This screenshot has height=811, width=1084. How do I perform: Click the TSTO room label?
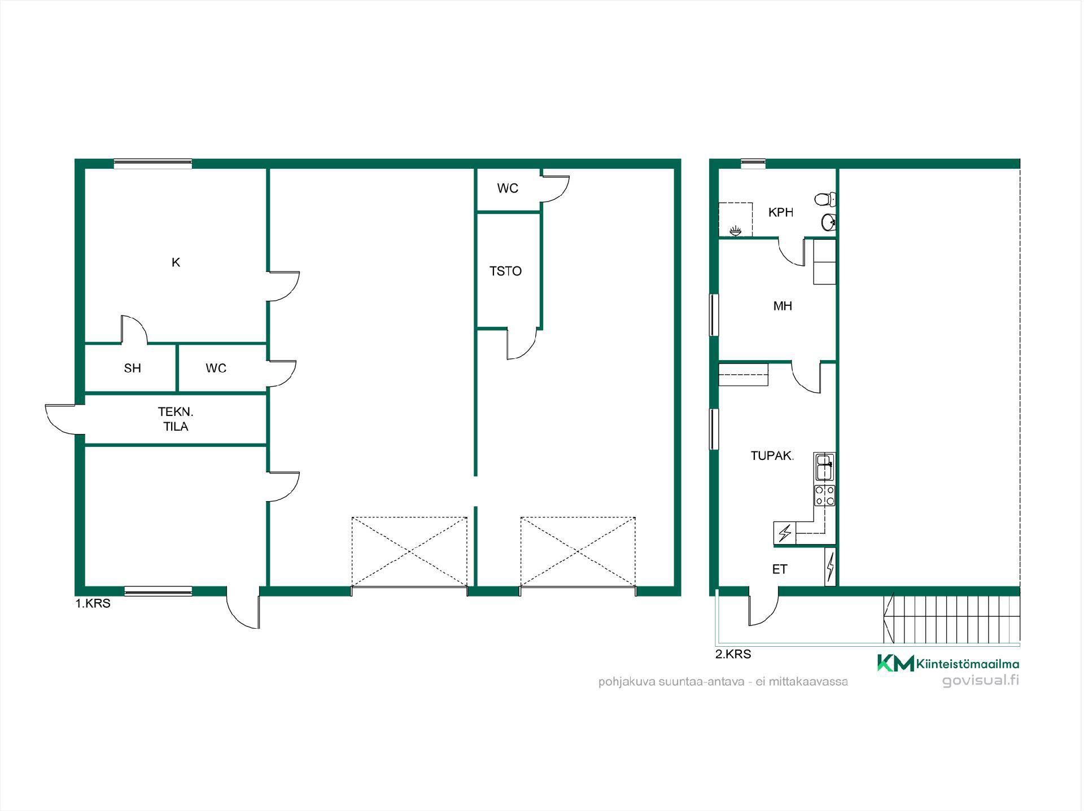[x=505, y=271]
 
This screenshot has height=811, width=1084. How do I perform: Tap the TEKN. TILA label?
[x=176, y=419]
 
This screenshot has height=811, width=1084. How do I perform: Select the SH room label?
[x=132, y=369]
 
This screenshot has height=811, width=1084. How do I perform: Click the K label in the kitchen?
[x=176, y=262]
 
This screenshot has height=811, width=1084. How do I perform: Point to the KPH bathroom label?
[x=781, y=213]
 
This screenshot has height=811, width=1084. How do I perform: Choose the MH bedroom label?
[x=783, y=306]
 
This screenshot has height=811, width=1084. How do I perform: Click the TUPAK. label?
[x=772, y=456]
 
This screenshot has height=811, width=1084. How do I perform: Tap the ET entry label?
[x=780, y=569]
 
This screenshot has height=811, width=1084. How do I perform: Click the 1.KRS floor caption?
[x=93, y=603]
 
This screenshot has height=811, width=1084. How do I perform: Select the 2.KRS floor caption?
[x=733, y=654]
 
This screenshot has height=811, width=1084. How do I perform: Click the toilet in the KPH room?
[x=825, y=199]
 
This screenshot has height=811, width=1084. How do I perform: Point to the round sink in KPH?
[x=828, y=222]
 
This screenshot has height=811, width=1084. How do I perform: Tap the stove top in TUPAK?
[x=824, y=495]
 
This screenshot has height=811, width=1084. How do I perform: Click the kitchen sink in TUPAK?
[x=824, y=467]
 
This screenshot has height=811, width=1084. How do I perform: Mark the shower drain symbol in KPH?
[x=735, y=230]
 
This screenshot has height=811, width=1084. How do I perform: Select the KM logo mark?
[x=895, y=663]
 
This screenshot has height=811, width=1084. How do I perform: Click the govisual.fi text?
[x=981, y=681]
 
